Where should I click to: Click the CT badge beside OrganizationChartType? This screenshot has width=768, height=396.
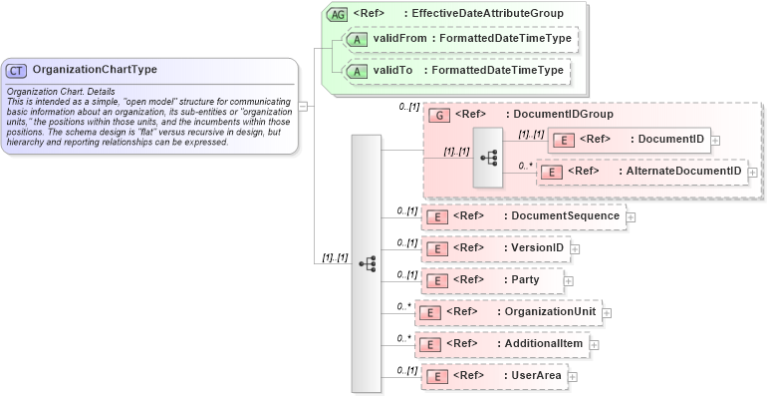click(17, 71)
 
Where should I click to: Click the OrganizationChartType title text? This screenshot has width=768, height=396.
click(94, 71)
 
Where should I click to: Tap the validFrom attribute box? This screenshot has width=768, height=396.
click(458, 39)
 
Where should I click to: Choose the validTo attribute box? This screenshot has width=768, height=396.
click(453, 71)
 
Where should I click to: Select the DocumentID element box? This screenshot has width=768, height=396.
click(630, 140)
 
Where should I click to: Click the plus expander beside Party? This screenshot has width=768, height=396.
click(569, 281)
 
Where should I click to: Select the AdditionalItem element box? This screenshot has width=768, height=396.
click(501, 345)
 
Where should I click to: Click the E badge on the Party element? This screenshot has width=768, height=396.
click(434, 281)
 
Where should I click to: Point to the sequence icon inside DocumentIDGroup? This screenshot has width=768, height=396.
click(489, 158)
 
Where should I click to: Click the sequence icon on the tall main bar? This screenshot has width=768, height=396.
click(367, 263)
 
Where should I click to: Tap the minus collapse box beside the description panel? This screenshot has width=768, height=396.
click(302, 104)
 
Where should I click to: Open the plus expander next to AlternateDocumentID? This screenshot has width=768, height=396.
click(752, 173)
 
